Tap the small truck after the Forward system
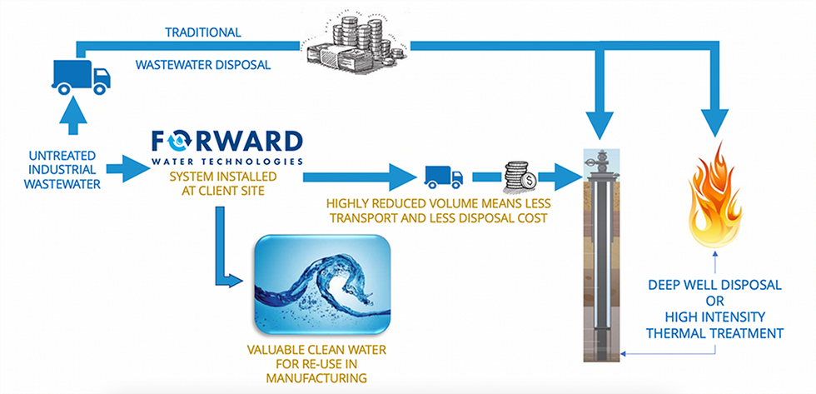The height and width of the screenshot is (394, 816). click(443, 177)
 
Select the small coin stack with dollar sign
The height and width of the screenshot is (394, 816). click(518, 176)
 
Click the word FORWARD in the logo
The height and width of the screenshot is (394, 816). click(226, 139)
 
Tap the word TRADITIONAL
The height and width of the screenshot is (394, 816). click(202, 32)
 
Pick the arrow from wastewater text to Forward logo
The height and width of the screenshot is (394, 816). click(125, 170)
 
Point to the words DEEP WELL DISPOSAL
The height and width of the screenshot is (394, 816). click(715, 285)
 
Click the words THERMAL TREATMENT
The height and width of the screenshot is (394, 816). click(715, 333)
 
